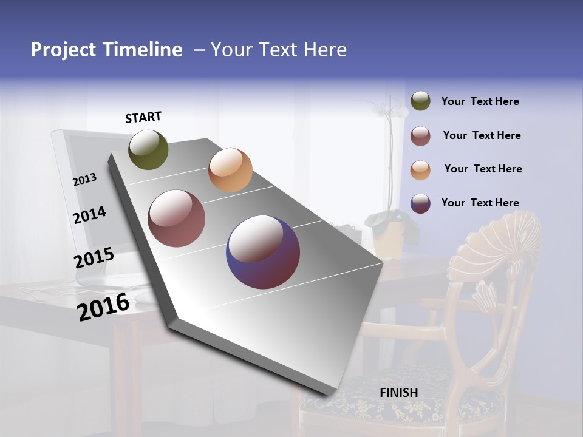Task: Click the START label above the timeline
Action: [143, 117]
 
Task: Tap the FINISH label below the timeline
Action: [399, 393]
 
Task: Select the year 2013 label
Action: [85, 179]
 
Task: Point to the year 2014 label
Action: [90, 215]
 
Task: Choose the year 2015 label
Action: [94, 258]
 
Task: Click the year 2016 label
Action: [103, 307]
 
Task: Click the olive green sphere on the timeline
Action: [149, 150]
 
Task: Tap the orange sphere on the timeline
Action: [230, 170]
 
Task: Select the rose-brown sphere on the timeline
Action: [176, 218]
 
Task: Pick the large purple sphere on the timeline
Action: [263, 252]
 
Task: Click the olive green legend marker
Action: [420, 101]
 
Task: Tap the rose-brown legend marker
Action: [420, 135]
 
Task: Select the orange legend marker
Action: [420, 169]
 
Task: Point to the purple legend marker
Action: [420, 203]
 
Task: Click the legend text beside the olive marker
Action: [480, 101]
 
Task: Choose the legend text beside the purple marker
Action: [480, 203]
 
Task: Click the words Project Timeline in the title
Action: [106, 50]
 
